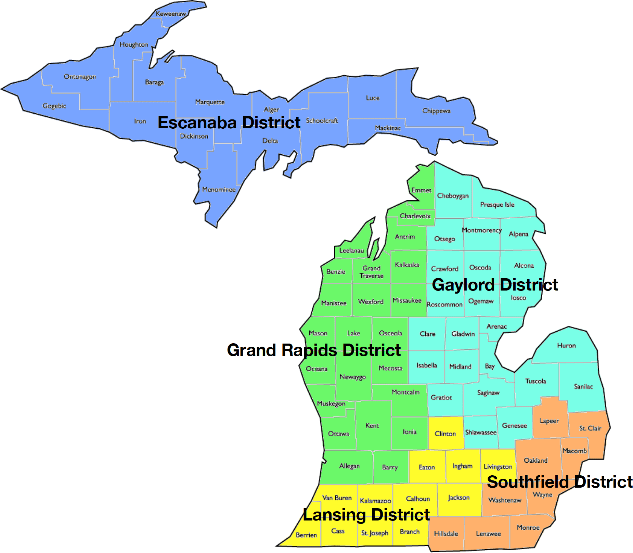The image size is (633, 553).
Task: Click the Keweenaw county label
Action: pyautogui.click(x=171, y=14)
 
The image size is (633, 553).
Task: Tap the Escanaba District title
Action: pyautogui.click(x=229, y=123)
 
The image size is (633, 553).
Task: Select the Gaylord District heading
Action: pyautogui.click(x=495, y=285)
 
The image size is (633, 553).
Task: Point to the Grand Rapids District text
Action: pyautogui.click(x=314, y=350)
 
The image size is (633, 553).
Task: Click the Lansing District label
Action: pyautogui.click(x=366, y=515)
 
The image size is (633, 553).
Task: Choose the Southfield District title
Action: pyautogui.click(x=559, y=482)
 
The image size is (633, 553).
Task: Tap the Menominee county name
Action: pyautogui.click(x=219, y=190)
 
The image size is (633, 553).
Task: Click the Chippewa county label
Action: pyautogui.click(x=436, y=111)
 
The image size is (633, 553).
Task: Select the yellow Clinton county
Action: pyautogui.click(x=445, y=434)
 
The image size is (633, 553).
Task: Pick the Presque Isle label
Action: pyautogui.click(x=497, y=205)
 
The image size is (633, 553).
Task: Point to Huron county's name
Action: pyautogui.click(x=566, y=346)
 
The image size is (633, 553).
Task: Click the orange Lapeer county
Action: pyautogui.click(x=549, y=421)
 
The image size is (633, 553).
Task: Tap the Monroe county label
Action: pyautogui.click(x=528, y=528)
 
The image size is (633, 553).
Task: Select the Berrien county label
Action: pyautogui.click(x=306, y=535)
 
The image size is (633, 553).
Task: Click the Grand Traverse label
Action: pyautogui.click(x=372, y=272)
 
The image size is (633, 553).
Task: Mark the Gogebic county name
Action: pyautogui.click(x=54, y=106)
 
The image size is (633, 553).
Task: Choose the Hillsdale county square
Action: pyautogui.click(x=446, y=533)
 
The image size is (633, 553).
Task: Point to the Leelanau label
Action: pyautogui.click(x=351, y=250)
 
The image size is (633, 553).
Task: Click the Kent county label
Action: pyautogui.click(x=372, y=426)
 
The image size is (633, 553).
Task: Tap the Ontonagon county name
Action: pyautogui.click(x=80, y=77)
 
